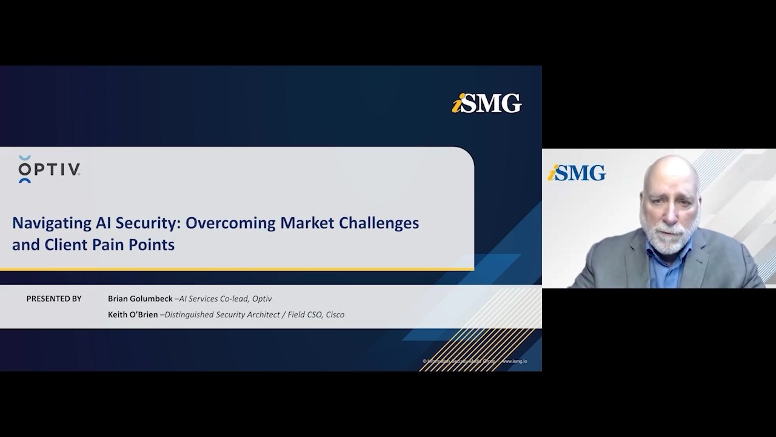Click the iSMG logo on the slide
coord(487,103)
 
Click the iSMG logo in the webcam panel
coord(577,173)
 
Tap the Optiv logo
coord(49,169)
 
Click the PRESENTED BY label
coord(54,299)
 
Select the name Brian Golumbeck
coord(140,299)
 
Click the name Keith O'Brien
coord(133,314)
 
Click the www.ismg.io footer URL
coord(513,361)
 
